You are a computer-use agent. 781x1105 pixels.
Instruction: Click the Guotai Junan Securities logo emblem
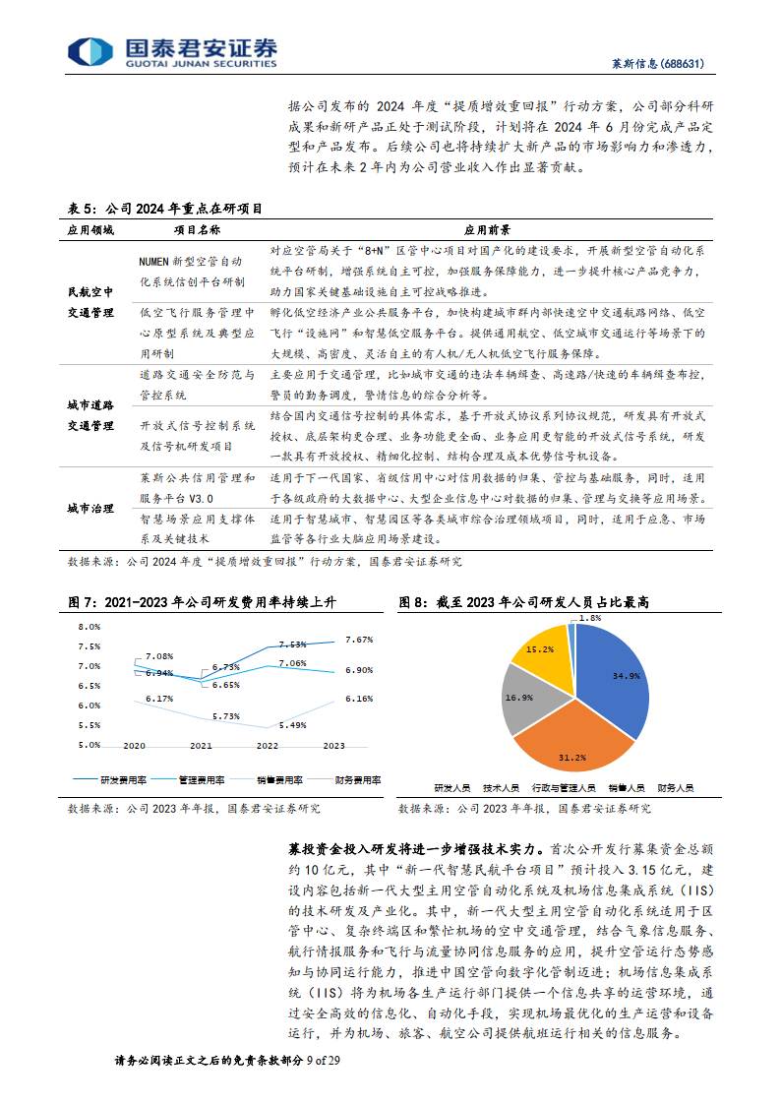tap(90, 52)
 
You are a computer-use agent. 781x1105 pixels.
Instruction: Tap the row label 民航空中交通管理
tap(94, 301)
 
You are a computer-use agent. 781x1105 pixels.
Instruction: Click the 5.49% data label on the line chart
tap(294, 725)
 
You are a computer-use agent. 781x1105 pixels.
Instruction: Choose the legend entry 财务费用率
tap(358, 779)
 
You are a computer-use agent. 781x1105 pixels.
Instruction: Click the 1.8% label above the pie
tap(589, 618)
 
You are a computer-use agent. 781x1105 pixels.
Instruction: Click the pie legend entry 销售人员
tap(625, 788)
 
